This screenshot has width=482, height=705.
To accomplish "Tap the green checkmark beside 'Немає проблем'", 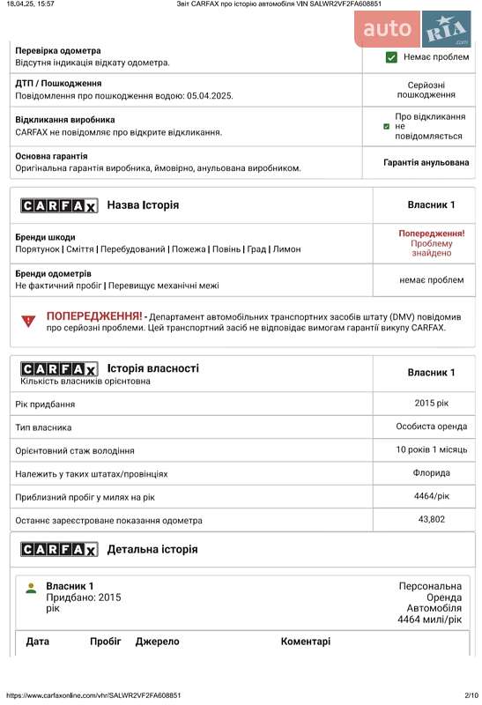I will pyautogui.click(x=391, y=57).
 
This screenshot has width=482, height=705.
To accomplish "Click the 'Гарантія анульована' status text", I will pyautogui.click(x=426, y=163).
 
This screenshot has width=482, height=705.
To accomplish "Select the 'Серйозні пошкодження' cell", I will pyautogui.click(x=426, y=89).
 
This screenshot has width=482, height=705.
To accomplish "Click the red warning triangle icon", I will pyautogui.click(x=28, y=322).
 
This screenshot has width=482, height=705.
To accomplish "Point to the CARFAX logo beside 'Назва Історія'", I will pyautogui.click(x=59, y=205).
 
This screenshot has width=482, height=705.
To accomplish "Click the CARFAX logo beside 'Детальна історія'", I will pyautogui.click(x=59, y=549).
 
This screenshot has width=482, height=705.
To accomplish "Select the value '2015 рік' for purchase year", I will pyautogui.click(x=431, y=404).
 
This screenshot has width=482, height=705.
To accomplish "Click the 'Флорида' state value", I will pyautogui.click(x=431, y=473).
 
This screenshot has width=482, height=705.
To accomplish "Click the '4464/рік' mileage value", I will pyautogui.click(x=431, y=497).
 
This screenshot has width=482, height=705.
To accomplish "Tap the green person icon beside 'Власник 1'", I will pyautogui.click(x=31, y=588).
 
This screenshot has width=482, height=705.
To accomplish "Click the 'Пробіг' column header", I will pyautogui.click(x=105, y=642).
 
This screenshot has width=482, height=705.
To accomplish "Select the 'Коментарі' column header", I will pyautogui.click(x=305, y=642).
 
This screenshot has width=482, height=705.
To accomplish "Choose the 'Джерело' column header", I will pyautogui.click(x=157, y=642).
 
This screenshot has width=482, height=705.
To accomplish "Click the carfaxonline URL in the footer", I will pyautogui.click(x=94, y=695).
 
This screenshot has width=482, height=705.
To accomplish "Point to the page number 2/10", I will pyautogui.click(x=471, y=695).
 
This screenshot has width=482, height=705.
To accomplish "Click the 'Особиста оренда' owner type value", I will pyautogui.click(x=431, y=427).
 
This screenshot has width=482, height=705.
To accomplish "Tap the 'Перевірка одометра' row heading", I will pyautogui.click(x=58, y=51).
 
